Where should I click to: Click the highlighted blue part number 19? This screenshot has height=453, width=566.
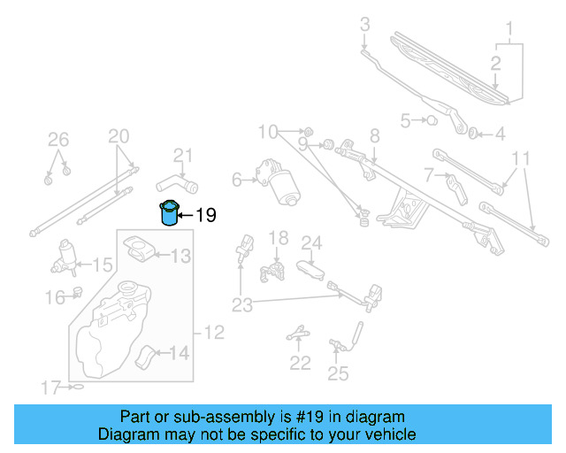click(x=169, y=214)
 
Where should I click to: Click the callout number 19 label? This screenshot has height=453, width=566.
click(x=205, y=215)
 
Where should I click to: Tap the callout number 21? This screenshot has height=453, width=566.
click(x=182, y=156)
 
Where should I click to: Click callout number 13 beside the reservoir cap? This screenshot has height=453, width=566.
click(x=180, y=257)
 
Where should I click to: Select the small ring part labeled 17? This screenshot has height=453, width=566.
click(x=77, y=387)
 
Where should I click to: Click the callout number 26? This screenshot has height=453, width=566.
click(x=57, y=138)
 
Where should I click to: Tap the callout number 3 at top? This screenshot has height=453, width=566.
click(x=364, y=26)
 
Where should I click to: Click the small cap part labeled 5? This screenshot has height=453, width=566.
click(x=432, y=120)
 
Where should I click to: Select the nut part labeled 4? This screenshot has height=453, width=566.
click(x=474, y=134)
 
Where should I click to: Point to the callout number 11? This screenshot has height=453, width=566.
click(x=521, y=159)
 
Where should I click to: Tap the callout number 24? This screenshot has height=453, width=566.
click(x=311, y=242)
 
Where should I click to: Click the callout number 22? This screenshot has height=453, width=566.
click(x=301, y=362)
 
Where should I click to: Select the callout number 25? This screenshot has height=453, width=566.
click(x=338, y=373)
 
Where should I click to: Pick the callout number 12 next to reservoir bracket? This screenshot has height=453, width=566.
click(x=215, y=333)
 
